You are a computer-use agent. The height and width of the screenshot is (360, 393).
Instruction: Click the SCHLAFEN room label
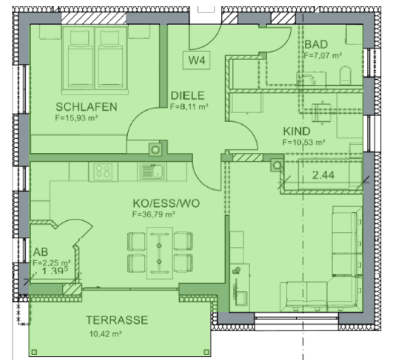[x=86, y=106]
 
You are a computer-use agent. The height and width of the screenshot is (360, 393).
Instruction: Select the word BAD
[x=315, y=44]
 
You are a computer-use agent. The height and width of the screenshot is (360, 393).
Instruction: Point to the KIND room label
[x=298, y=130]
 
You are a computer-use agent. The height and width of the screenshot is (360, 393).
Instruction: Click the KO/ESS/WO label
[x=167, y=203]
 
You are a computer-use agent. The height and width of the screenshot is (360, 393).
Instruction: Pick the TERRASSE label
[x=116, y=320]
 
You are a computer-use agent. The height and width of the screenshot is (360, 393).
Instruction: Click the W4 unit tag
[x=198, y=60]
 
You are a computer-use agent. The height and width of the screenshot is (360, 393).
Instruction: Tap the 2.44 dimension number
[x=323, y=175]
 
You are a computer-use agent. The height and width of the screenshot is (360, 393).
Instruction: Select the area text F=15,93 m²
[x=80, y=118]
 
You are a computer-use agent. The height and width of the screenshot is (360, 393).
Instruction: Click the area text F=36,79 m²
[x=153, y=214]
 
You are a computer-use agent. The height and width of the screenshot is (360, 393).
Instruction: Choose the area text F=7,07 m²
[x=323, y=55]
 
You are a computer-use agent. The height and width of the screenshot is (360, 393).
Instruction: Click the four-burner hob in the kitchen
[x=101, y=171]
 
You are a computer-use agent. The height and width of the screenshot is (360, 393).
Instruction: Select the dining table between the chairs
[x=159, y=251]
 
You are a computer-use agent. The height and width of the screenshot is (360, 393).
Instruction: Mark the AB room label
[x=40, y=252]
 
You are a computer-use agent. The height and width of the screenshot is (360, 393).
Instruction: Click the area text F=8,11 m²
[x=189, y=106]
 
